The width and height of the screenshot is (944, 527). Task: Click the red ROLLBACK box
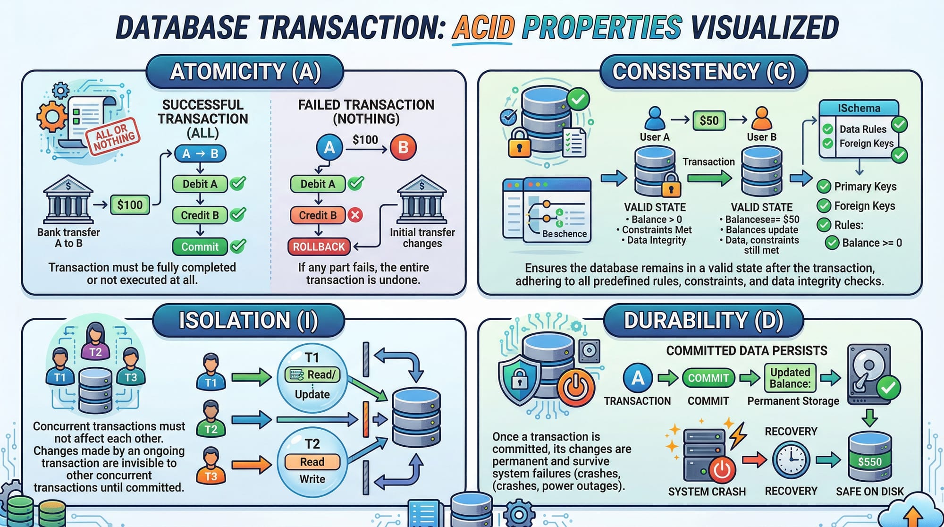pyautogui.click(x=319, y=246)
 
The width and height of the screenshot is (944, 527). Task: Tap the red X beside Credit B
pyautogui.click(x=355, y=215)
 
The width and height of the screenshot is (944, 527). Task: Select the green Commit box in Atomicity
pyautogui.click(x=200, y=246)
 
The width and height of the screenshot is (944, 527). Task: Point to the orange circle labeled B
pyautogui.click(x=403, y=147)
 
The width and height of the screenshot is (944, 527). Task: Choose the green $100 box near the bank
pyautogui.click(x=130, y=205)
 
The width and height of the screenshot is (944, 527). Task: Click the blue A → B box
pyautogui.click(x=200, y=153)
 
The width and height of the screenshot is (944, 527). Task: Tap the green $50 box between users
pyautogui.click(x=709, y=120)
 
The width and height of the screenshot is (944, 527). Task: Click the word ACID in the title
pyautogui.click(x=482, y=27)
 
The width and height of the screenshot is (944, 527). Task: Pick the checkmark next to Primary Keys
pyautogui.click(x=824, y=187)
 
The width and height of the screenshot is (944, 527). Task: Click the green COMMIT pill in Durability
pyautogui.click(x=708, y=378)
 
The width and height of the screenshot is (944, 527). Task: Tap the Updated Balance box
pyautogui.click(x=790, y=378)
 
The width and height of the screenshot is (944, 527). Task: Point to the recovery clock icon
pyautogui.click(x=791, y=459)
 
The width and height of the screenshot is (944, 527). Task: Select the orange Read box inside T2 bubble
pyautogui.click(x=312, y=462)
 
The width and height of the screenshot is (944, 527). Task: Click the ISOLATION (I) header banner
pyautogui.click(x=248, y=320)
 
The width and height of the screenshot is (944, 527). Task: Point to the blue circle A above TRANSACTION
pyautogui.click(x=638, y=378)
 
